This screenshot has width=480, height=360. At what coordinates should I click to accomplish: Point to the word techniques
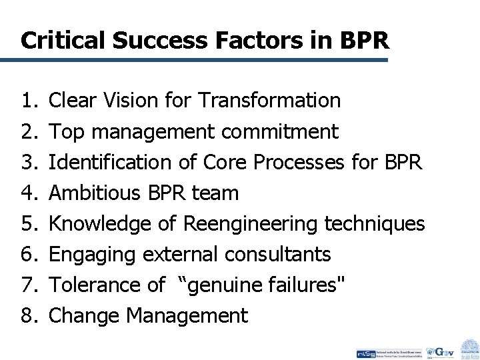point(374,224)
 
